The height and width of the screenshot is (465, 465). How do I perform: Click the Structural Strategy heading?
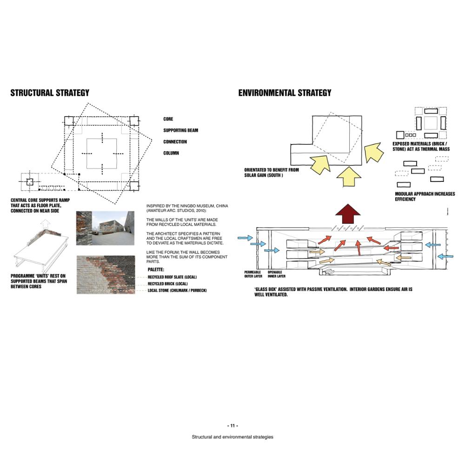(x=50, y=93)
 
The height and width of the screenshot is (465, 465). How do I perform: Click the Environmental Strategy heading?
(x=285, y=93)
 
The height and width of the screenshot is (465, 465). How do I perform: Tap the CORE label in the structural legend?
(x=168, y=119)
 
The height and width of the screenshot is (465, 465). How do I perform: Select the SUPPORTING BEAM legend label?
(x=180, y=130)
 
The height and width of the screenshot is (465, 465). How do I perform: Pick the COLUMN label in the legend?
(x=171, y=153)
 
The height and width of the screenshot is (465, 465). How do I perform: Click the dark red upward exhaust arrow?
(x=348, y=213)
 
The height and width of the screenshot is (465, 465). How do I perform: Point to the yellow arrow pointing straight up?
(x=349, y=177)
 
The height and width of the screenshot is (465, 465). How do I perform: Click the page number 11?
(x=232, y=425)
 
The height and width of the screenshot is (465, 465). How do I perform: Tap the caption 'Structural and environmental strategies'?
(x=232, y=437)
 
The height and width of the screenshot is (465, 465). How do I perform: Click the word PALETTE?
(x=156, y=270)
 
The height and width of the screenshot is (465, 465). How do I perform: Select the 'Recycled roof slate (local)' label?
(x=172, y=277)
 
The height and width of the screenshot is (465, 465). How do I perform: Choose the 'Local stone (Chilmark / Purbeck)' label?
(x=177, y=290)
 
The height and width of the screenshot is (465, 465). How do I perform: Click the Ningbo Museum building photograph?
(x=113, y=228)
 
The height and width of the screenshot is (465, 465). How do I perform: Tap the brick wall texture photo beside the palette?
(x=106, y=275)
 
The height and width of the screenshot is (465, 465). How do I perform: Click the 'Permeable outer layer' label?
(x=253, y=274)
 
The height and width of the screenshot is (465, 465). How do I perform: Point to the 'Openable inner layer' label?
(x=276, y=274)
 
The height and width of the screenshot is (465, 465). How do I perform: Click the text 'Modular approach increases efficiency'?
(x=425, y=196)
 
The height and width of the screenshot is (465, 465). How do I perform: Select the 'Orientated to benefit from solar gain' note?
(x=272, y=173)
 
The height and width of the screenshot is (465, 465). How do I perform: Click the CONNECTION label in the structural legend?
(x=175, y=142)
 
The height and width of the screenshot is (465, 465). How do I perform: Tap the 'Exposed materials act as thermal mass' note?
(x=421, y=146)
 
